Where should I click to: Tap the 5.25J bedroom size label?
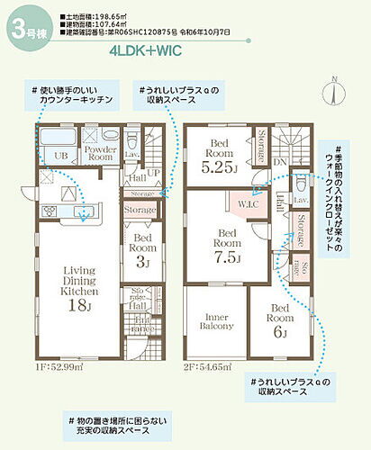click(218, 166)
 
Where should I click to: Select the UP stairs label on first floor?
click(154, 173)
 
